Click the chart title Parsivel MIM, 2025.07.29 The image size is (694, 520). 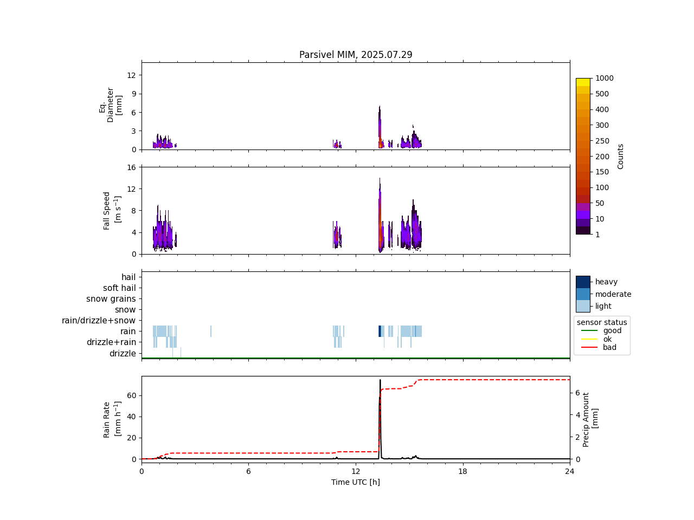pyautogui.click(x=356, y=55)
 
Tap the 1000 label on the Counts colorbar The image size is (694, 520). pyautogui.click(x=605, y=78)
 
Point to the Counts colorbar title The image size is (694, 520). pyautogui.click(x=621, y=156)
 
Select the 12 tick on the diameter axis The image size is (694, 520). pyautogui.click(x=131, y=75)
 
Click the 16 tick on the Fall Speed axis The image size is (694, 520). pyautogui.click(x=131, y=167)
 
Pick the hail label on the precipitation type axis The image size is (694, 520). pyautogui.click(x=128, y=277)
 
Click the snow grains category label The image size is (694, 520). pyautogui.click(x=111, y=299)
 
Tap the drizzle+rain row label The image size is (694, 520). pyautogui.click(x=111, y=342)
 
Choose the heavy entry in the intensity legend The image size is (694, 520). pyautogui.click(x=606, y=282)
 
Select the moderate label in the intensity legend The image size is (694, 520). pyautogui.click(x=613, y=294)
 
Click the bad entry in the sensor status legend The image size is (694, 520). pyautogui.click(x=609, y=347)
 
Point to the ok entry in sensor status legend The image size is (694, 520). pyautogui.click(x=608, y=339)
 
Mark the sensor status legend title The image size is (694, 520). pyautogui.click(x=602, y=322)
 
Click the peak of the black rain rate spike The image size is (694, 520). pyautogui.click(x=380, y=380)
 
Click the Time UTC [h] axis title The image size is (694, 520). pyautogui.click(x=356, y=482)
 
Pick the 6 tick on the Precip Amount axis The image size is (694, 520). pyautogui.click(x=577, y=393)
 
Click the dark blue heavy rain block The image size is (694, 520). pyautogui.click(x=380, y=331)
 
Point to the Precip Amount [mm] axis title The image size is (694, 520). pyautogui.click(x=590, y=419)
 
